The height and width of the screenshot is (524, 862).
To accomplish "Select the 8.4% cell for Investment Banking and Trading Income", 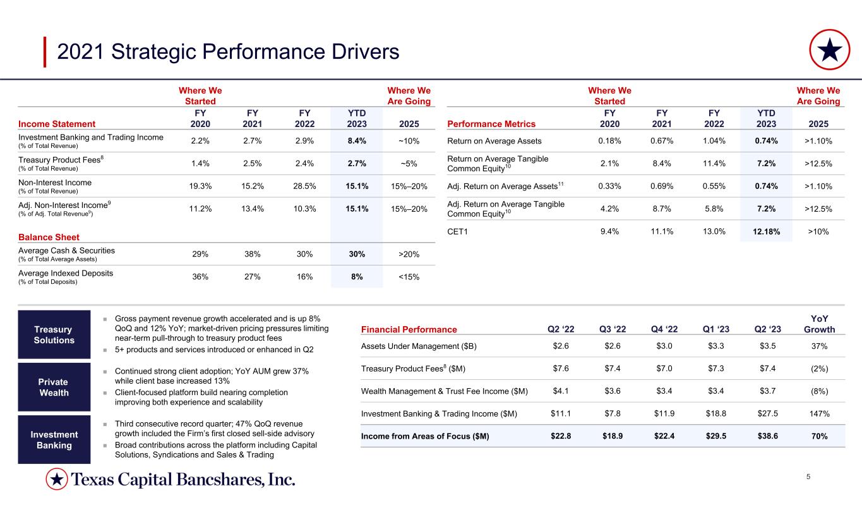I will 356,141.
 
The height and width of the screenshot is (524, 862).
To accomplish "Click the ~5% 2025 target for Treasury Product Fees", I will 407,164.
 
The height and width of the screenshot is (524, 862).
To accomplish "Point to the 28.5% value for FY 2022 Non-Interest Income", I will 304,186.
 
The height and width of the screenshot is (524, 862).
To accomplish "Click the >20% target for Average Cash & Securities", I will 407,254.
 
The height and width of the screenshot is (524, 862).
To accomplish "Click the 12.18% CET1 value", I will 766,232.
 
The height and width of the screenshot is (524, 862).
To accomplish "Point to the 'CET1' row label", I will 458,232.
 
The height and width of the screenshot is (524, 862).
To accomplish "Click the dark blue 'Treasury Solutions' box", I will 54,334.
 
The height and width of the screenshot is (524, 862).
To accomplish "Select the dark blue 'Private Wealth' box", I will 54,387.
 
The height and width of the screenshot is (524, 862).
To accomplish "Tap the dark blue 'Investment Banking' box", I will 54,439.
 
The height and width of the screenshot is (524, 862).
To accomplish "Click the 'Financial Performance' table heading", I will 409,329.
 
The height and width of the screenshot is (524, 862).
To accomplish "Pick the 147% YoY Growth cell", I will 819,414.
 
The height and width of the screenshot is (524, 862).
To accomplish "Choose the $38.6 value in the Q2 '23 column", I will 766,436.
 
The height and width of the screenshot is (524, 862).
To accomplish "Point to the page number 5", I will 808,476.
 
